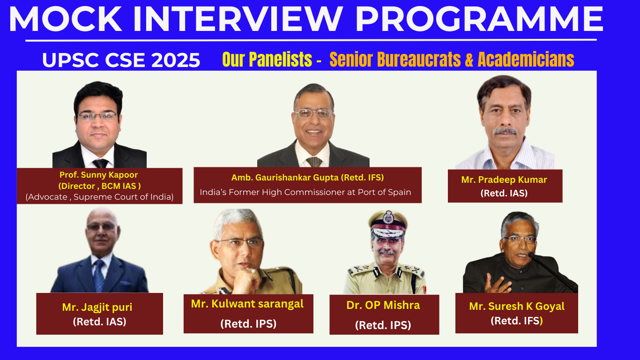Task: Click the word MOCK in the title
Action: (66, 19)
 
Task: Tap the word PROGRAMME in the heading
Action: (479, 19)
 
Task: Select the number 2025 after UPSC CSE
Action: (176, 60)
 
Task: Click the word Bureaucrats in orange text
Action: (419, 60)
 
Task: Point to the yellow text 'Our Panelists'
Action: (267, 60)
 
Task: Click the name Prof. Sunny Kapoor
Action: (98, 175)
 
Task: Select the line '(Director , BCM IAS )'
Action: (99, 186)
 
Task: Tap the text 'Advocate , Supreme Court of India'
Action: (99, 197)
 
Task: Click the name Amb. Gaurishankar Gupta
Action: (286, 178)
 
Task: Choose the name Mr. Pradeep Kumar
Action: (504, 180)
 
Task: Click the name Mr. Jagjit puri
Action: (97, 307)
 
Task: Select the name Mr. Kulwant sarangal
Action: (247, 304)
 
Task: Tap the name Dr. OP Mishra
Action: (383, 305)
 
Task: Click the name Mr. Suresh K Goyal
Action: (517, 307)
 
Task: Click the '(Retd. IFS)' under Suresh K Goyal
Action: (517, 321)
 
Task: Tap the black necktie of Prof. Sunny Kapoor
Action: (100, 164)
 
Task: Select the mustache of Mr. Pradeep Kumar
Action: (505, 131)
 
